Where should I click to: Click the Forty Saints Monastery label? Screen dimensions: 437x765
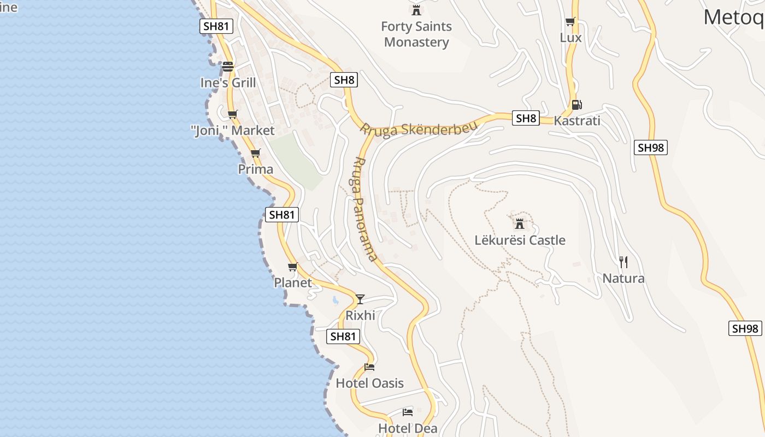coord(416,34)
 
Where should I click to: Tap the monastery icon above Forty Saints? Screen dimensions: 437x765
coord(416,10)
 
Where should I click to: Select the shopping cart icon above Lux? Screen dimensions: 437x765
coord(570,22)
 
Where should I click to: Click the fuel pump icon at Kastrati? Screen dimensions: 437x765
coord(576,104)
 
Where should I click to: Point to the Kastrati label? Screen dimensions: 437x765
coord(577,121)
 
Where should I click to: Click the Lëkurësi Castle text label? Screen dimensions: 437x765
coord(520,240)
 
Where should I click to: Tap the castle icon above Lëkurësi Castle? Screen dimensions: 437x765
coord(520,223)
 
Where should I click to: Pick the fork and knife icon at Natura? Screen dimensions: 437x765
coord(623,262)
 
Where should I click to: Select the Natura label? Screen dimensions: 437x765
coord(623,279)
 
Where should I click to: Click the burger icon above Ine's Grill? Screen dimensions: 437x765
coord(228,67)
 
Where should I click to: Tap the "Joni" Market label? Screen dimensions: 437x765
coord(233,131)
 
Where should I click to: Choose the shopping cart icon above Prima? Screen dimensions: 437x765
coord(255,153)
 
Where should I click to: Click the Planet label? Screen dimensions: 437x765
coord(293,283)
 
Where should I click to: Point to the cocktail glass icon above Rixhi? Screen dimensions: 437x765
coord(360,299)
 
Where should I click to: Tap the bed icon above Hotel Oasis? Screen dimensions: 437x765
coord(369,367)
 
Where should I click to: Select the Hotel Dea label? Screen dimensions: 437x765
coord(408,429)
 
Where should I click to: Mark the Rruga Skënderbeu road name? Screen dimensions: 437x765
coord(418,129)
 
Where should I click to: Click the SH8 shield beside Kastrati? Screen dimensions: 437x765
coord(526,118)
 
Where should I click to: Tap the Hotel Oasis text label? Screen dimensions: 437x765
coord(370,383)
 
